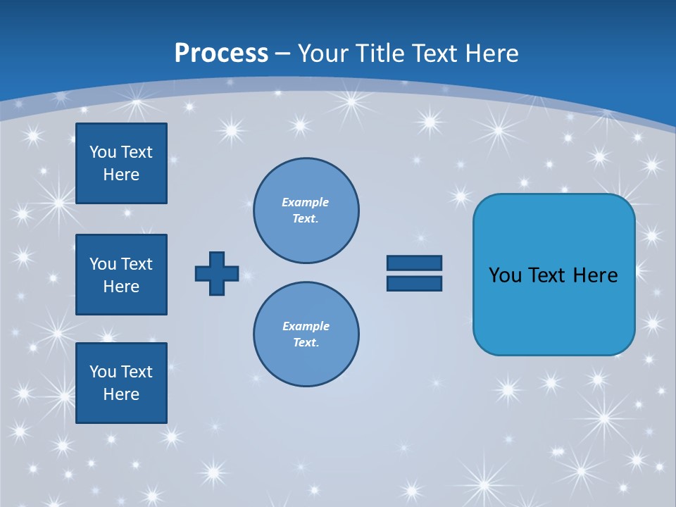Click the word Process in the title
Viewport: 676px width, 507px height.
point(221,53)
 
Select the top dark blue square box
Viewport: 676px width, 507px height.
point(121,163)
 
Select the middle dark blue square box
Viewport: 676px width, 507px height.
point(121,275)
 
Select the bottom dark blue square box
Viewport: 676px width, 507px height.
point(121,383)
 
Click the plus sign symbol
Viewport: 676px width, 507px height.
point(217,273)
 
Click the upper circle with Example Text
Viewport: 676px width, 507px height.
point(306,211)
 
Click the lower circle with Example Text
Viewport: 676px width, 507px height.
point(306,334)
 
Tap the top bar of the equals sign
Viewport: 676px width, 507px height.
point(414,263)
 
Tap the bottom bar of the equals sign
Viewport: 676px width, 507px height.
point(414,283)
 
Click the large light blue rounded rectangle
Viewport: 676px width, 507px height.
point(553,310)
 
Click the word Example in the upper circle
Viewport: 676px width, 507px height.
point(305,202)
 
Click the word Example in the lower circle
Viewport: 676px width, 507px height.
point(306,326)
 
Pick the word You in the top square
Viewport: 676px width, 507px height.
point(102,152)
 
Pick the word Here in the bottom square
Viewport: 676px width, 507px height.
point(121,394)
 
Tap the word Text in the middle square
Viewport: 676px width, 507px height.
point(136,264)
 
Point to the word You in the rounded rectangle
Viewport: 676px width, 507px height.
point(504,275)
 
